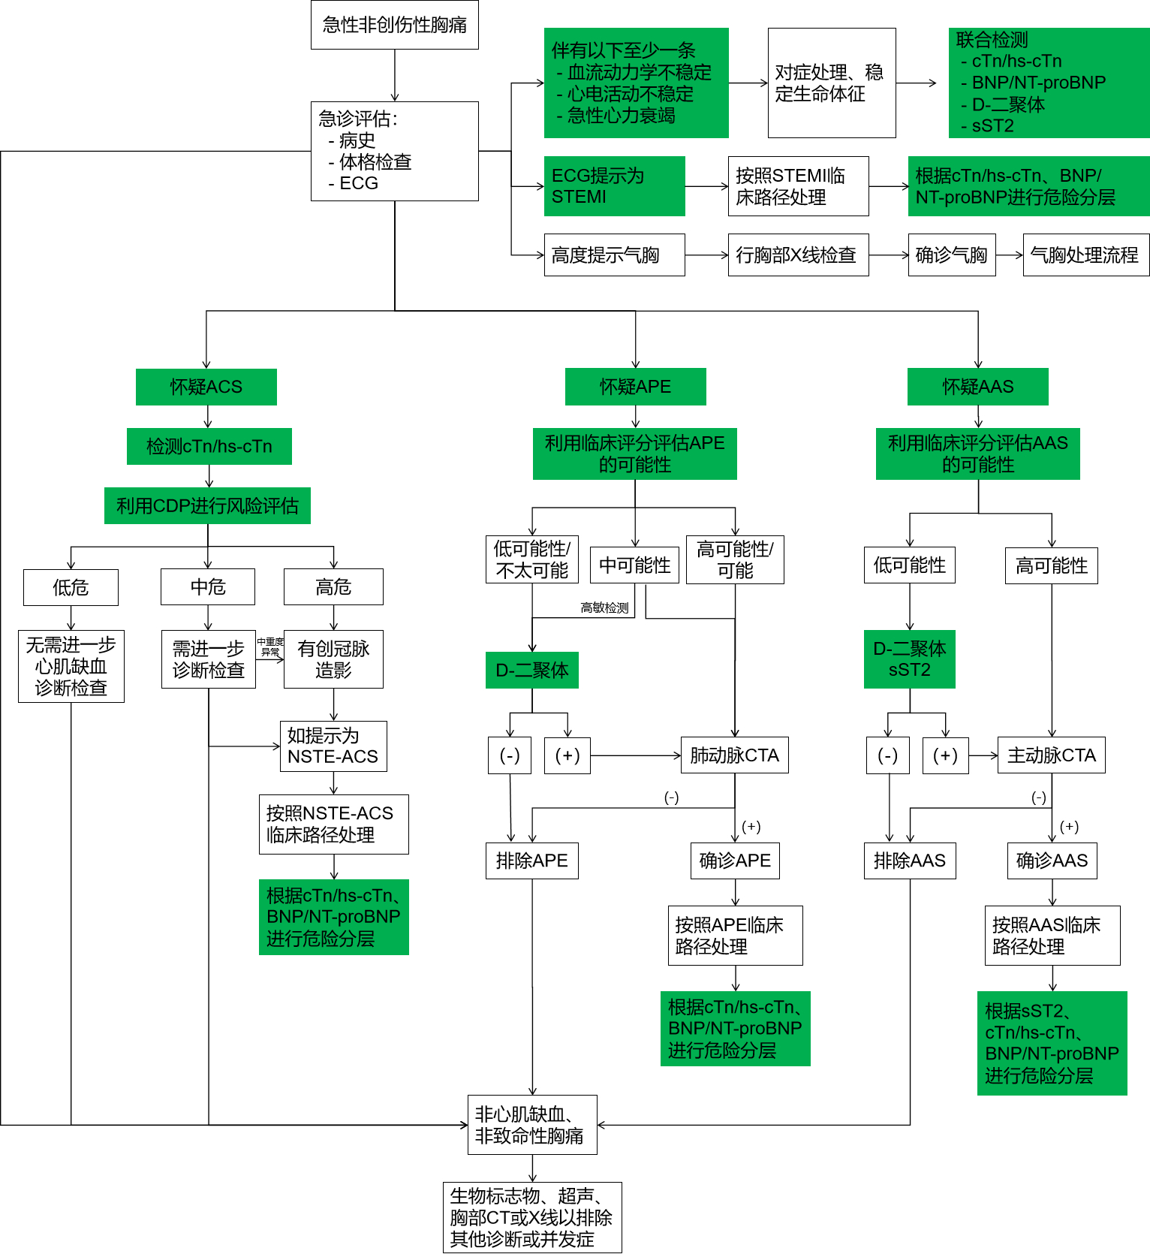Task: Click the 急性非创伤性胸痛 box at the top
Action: coord(394,25)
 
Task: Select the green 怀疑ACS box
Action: coord(206,387)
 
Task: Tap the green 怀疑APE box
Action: coord(635,387)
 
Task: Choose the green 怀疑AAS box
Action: coord(977,387)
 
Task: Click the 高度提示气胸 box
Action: coord(614,255)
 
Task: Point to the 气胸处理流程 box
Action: coord(1085,255)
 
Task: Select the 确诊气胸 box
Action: coord(951,255)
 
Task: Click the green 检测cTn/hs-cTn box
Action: coord(209,447)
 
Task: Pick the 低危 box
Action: coord(71,587)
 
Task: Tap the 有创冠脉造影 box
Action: coord(333,659)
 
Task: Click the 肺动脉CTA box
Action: coord(734,755)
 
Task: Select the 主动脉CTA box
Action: coord(1051,755)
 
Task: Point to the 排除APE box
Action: coord(531,861)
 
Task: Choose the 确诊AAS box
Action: coord(1052,861)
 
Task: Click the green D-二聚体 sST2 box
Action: coord(909,659)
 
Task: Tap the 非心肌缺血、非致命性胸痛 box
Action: coord(531,1125)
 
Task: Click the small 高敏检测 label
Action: coord(604,608)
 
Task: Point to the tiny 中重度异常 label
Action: coord(270,647)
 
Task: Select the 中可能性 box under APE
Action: coord(634,565)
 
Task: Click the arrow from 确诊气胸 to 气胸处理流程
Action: coord(1009,255)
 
